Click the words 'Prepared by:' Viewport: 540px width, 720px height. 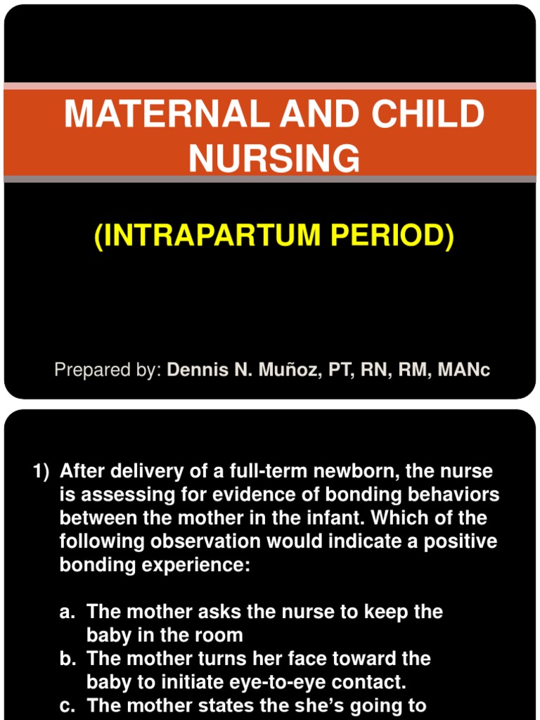click(108, 370)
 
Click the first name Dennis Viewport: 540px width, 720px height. click(199, 370)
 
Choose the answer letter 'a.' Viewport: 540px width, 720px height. click(67, 612)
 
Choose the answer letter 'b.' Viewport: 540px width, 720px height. click(67, 659)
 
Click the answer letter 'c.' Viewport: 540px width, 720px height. click(67, 705)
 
